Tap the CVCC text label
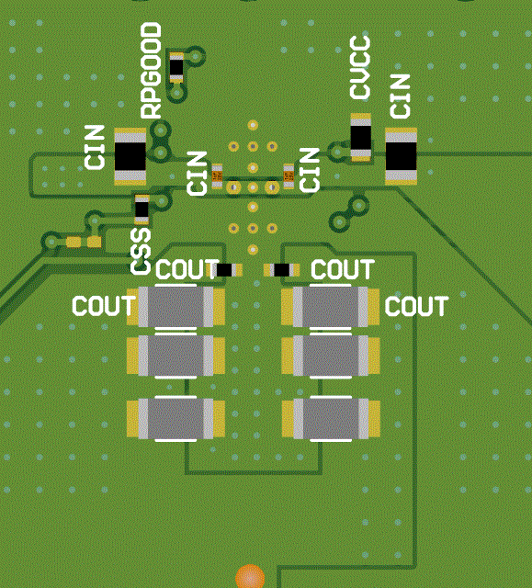pyautogui.click(x=360, y=68)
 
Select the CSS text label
pyautogui.click(x=140, y=249)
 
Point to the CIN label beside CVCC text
pyautogui.click(x=400, y=96)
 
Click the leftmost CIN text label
pyautogui.click(x=95, y=147)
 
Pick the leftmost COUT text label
pyautogui.click(x=103, y=307)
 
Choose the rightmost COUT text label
pyautogui.click(x=416, y=307)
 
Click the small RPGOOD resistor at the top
pyautogui.click(x=176, y=67)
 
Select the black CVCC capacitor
pyautogui.click(x=361, y=138)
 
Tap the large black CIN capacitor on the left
pyautogui.click(x=130, y=157)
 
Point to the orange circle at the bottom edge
pyautogui.click(x=250, y=578)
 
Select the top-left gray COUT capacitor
pyautogui.click(x=176, y=307)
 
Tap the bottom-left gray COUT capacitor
pyautogui.click(x=176, y=418)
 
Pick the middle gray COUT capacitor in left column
pyautogui.click(x=176, y=355)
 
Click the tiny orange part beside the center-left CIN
pyautogui.click(x=217, y=173)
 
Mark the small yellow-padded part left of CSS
pyautogui.click(x=83, y=242)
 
